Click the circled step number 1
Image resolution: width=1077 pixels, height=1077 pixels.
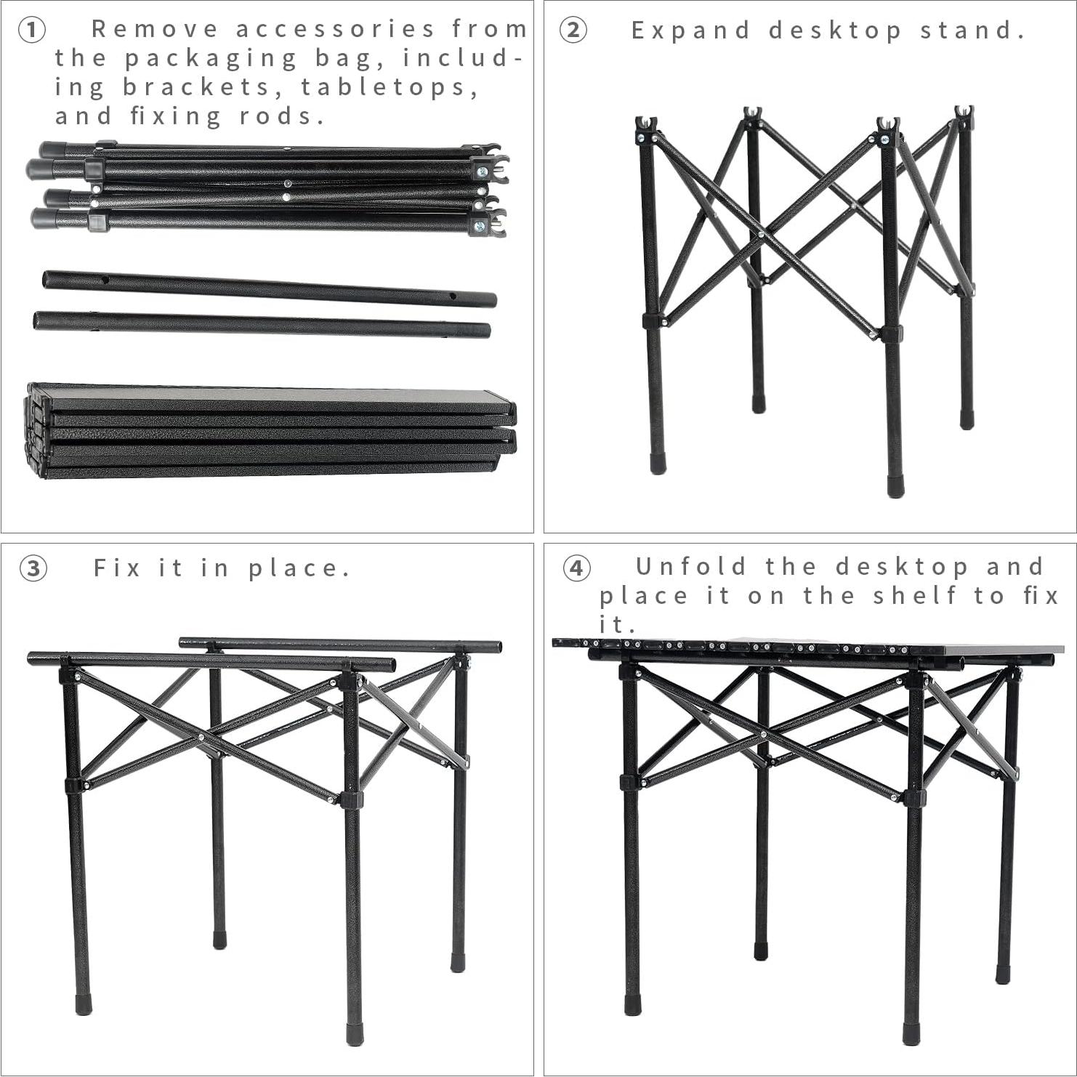point(31,31)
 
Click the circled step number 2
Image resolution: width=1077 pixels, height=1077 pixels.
point(573,31)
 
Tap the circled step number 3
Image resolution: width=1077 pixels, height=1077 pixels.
point(33,568)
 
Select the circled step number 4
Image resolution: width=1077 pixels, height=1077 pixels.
point(576,568)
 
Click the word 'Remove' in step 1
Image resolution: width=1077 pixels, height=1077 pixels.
point(154,29)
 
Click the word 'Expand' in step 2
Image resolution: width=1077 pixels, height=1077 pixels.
point(690,31)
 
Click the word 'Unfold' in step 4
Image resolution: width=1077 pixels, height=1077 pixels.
point(690,566)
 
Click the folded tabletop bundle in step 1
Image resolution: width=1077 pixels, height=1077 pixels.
point(271,430)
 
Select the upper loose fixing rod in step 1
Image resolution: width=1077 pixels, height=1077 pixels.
point(269,289)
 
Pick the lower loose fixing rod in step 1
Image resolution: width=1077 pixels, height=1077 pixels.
point(262,323)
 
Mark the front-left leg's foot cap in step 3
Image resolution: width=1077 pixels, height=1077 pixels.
point(84,1004)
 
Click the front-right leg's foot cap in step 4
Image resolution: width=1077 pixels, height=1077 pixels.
point(911,1033)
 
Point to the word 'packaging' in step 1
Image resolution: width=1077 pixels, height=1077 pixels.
point(211,58)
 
